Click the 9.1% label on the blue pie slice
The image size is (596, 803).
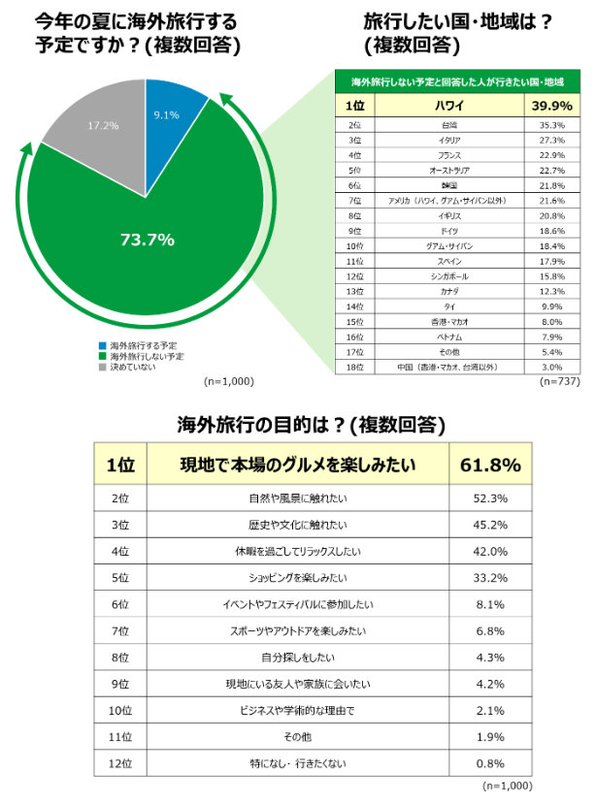(x=166, y=114)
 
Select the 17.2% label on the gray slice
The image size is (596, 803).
(x=103, y=126)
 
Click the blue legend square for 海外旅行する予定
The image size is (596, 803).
(x=102, y=345)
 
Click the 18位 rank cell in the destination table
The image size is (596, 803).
(x=354, y=367)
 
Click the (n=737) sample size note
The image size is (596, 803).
(x=558, y=383)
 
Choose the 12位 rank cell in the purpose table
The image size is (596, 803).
(x=120, y=762)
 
